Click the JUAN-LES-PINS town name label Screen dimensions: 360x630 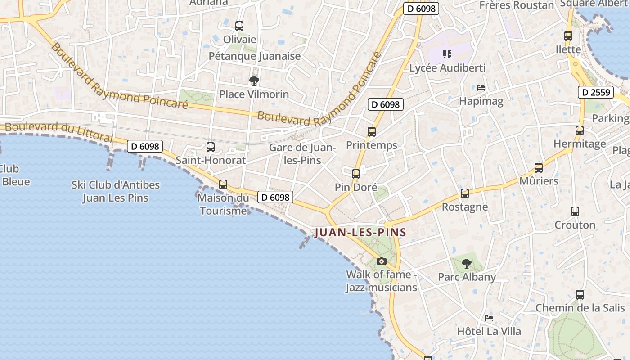click(360, 233)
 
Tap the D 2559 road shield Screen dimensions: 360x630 click(596, 93)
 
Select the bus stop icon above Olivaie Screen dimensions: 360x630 click(239, 26)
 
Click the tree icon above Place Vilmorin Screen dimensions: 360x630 click(254, 81)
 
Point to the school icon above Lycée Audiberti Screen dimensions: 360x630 click(447, 54)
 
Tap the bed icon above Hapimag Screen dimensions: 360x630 click(481, 88)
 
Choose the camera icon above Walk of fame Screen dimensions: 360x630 click(381, 261)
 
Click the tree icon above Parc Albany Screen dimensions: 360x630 click(467, 264)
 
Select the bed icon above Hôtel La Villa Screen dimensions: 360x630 click(489, 318)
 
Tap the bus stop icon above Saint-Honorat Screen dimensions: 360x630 click(211, 147)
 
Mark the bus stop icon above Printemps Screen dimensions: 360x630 click(372, 132)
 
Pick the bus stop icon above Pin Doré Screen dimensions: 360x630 click(356, 174)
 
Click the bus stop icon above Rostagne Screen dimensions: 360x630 click(465, 193)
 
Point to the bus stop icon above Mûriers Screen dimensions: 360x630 click(539, 168)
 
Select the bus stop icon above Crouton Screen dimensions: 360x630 click(575, 211)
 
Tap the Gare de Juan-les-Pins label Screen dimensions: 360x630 click(302, 154)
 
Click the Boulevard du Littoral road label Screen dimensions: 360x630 click(59, 132)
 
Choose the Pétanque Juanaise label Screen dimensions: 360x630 click(255, 56)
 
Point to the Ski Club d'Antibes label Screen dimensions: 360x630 click(116, 191)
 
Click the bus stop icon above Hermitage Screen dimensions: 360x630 click(580, 130)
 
